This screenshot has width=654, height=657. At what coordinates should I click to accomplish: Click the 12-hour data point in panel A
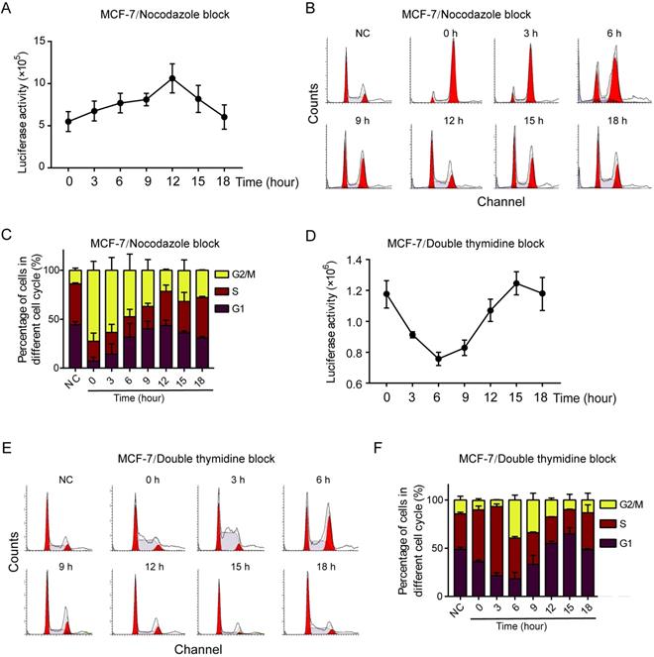click(172, 78)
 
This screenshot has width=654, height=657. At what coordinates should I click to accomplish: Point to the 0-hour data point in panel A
click(67, 122)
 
